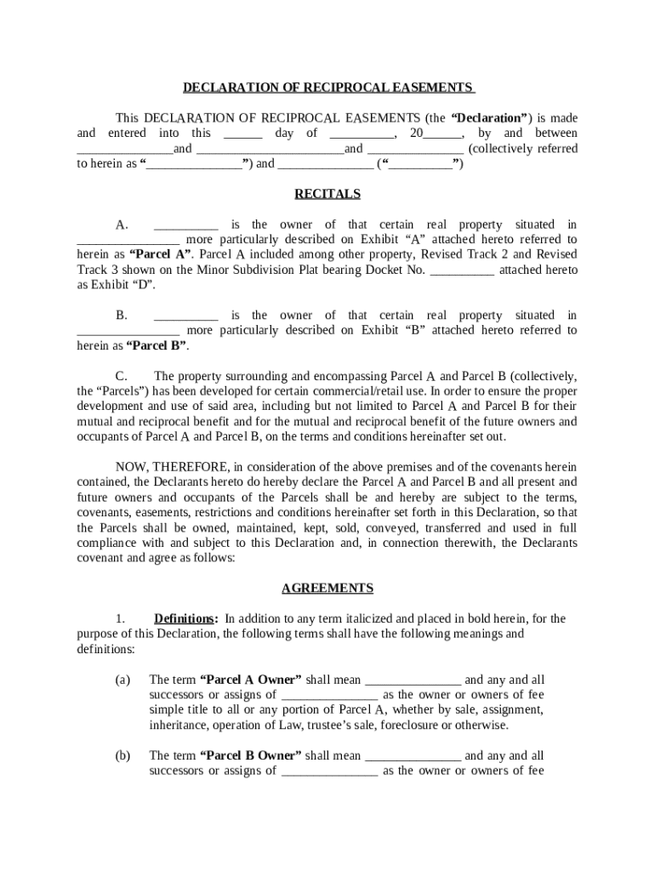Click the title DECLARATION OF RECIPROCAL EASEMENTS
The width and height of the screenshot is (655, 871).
(327, 88)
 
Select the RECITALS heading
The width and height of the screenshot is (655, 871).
(327, 194)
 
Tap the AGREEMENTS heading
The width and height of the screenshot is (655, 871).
(327, 588)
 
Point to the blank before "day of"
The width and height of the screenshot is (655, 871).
(243, 134)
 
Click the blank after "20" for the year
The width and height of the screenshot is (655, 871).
(442, 134)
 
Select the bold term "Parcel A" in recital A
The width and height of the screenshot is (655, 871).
(160, 254)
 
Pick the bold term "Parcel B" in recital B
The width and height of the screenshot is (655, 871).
(157, 345)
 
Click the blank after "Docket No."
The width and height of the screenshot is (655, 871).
(463, 270)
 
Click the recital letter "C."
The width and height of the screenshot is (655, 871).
(122, 376)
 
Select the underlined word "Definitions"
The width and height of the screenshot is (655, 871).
(184, 618)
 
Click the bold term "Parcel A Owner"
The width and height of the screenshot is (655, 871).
(250, 680)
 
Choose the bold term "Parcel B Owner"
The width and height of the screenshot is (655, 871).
(250, 755)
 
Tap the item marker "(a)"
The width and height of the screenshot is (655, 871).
(122, 680)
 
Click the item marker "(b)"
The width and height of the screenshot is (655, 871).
(122, 755)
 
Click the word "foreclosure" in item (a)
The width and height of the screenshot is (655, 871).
(435, 726)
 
